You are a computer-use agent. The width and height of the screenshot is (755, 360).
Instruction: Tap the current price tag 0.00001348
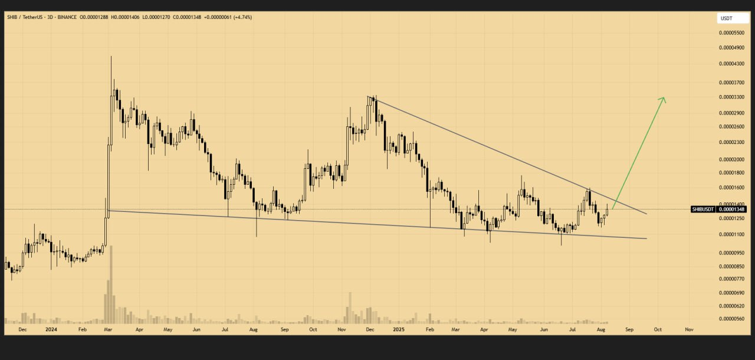[733, 209]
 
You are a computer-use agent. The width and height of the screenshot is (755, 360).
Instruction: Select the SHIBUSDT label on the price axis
[704, 209]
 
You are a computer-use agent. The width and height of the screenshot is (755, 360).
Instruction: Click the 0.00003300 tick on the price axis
[730, 97]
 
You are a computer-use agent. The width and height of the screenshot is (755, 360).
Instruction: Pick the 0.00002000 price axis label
[730, 159]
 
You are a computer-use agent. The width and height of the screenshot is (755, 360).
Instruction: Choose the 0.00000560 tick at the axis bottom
[730, 319]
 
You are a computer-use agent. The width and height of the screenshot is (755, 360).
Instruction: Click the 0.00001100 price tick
[730, 234]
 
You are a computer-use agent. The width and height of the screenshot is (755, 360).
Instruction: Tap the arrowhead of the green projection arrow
[665, 98]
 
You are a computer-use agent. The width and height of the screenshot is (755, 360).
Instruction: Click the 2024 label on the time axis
[51, 329]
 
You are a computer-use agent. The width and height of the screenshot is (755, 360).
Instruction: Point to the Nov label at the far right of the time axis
[688, 329]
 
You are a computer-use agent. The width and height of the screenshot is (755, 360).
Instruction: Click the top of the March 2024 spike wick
[111, 56]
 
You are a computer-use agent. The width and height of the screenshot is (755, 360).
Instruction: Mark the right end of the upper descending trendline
[647, 214]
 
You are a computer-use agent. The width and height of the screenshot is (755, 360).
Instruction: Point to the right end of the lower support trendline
[647, 238]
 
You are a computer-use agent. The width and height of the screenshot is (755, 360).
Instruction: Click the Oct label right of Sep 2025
[657, 329]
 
